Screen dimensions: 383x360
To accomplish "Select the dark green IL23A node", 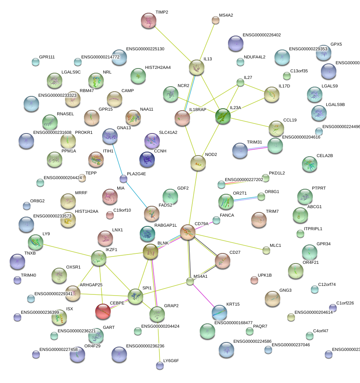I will (223, 116).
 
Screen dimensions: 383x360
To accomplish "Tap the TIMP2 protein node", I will (148, 21).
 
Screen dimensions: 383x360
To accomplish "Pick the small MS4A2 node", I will (216, 20).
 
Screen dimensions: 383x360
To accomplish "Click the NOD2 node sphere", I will (198, 163).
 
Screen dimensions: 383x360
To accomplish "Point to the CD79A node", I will (188, 232).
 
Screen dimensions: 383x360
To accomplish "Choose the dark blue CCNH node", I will (147, 158).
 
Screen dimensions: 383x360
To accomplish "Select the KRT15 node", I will (219, 312).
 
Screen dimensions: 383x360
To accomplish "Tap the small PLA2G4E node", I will (123, 179).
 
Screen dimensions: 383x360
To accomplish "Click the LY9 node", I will (36, 242).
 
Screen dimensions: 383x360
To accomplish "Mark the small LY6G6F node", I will (159, 365).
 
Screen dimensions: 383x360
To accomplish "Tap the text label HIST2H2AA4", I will (158, 67).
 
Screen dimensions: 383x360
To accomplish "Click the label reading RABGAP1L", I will (166, 225).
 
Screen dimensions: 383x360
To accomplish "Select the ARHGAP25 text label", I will (91, 285).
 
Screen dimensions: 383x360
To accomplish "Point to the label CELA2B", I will (325, 156).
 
